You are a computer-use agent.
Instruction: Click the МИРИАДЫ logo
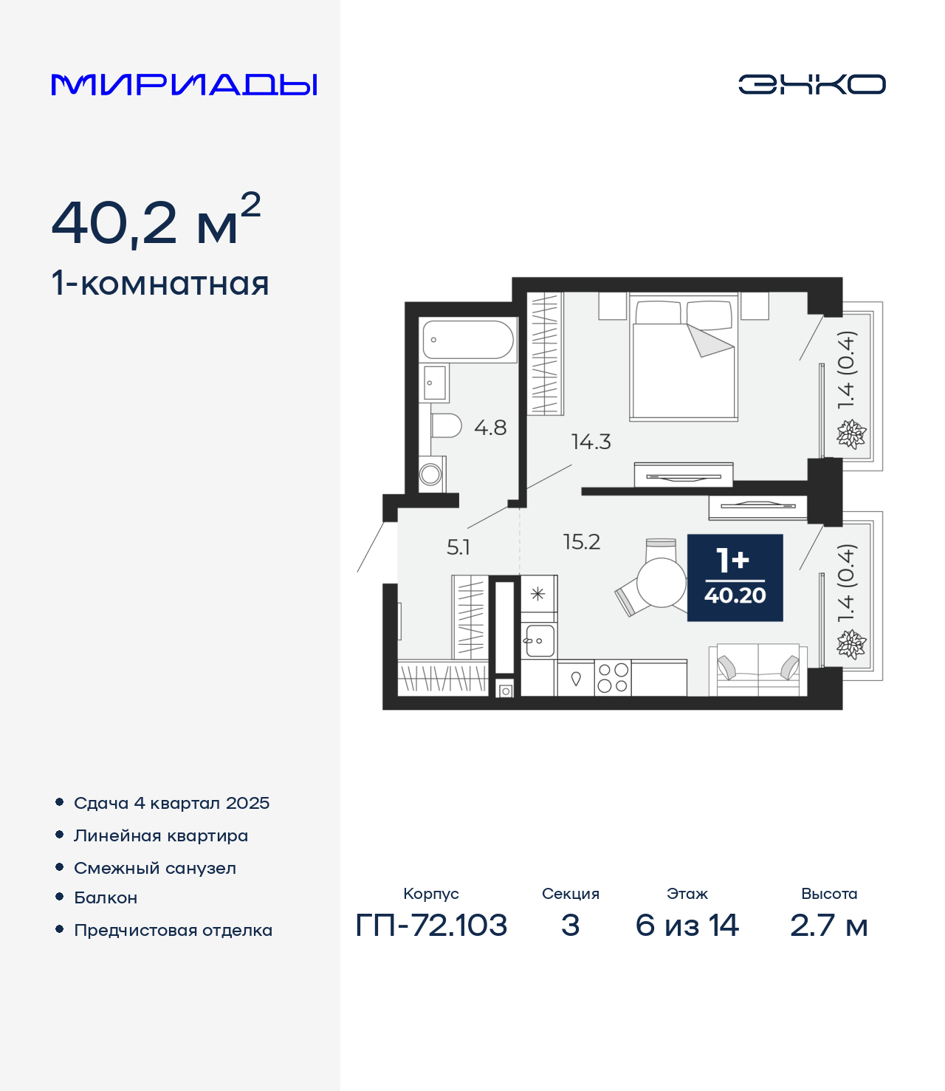coord(185,85)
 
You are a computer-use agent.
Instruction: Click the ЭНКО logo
coord(811,84)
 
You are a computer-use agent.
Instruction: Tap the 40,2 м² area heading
coord(156,221)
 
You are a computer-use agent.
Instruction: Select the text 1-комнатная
coord(160,284)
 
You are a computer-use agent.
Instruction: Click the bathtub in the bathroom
coord(468,340)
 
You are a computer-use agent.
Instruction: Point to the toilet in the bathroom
coord(446,426)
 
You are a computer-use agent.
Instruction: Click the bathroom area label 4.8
coord(490,428)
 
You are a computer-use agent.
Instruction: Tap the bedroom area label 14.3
coord(591,442)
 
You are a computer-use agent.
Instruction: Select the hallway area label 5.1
coord(458,547)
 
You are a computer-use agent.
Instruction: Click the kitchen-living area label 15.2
coord(582,542)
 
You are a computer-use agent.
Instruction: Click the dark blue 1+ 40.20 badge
coord(735,578)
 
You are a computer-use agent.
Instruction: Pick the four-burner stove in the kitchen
coord(613,678)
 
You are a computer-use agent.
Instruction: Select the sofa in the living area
coord(758,669)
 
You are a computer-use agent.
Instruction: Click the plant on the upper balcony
coord(850,434)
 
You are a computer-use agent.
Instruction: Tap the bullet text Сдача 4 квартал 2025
coord(171,803)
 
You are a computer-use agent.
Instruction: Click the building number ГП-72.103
coord(431,925)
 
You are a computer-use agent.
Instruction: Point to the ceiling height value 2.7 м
coord(828,925)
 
